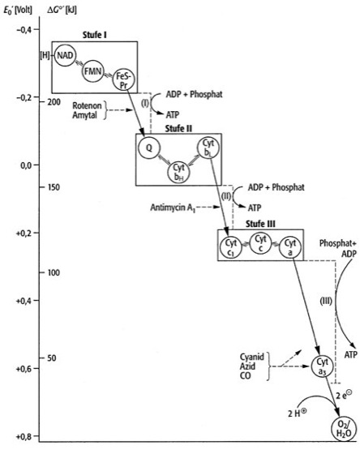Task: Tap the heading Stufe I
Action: [x=94, y=36]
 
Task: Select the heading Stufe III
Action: [x=260, y=224]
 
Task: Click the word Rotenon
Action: [x=87, y=105]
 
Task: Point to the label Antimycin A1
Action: [x=173, y=208]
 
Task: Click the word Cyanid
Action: [x=251, y=357]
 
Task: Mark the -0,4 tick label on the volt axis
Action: [x=24, y=30]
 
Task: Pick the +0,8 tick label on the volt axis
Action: [x=24, y=436]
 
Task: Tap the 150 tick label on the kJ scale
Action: [x=54, y=187]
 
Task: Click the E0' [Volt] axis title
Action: [x=18, y=11]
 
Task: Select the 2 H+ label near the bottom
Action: [x=297, y=413]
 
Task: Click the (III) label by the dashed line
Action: [x=326, y=301]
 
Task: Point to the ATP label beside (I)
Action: [x=173, y=115]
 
